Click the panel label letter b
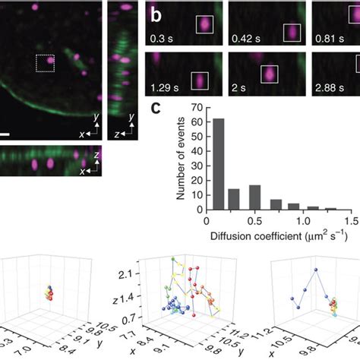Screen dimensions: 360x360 (156, 14)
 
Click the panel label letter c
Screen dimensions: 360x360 (156, 109)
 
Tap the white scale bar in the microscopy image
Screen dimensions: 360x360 (5, 135)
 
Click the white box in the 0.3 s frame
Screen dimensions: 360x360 (205, 26)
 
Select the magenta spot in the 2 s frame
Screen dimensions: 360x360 (268, 73)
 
